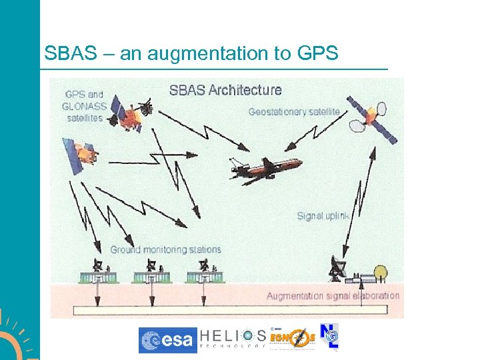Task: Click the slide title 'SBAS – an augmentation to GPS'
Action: (x=191, y=53)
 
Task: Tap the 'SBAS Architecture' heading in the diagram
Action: (x=225, y=90)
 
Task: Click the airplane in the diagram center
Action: (x=265, y=167)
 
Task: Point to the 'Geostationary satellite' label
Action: (x=294, y=112)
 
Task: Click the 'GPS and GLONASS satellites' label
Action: (x=85, y=106)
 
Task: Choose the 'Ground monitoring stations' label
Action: (x=165, y=250)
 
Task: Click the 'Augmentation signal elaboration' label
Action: (x=333, y=295)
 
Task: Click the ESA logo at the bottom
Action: (x=167, y=340)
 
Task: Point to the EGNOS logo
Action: (x=291, y=339)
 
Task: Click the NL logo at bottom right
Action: (x=329, y=337)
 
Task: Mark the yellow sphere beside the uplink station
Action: (x=381, y=272)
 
